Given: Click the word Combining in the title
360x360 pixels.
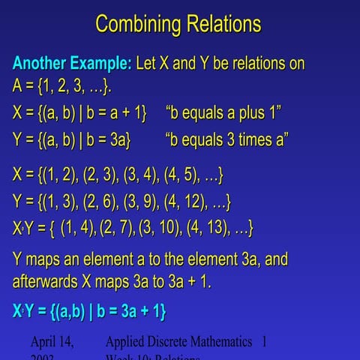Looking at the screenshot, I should click(137, 24).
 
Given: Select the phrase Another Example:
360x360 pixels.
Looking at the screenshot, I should click(72, 63).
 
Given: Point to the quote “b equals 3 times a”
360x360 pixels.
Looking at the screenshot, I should click(227, 139).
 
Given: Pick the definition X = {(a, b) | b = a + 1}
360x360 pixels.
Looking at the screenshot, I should click(79, 114).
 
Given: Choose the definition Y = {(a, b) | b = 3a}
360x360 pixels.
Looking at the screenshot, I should click(72, 139).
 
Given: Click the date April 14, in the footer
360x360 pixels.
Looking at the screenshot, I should click(52, 342).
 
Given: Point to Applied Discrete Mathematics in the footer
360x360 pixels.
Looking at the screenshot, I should click(178, 342).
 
